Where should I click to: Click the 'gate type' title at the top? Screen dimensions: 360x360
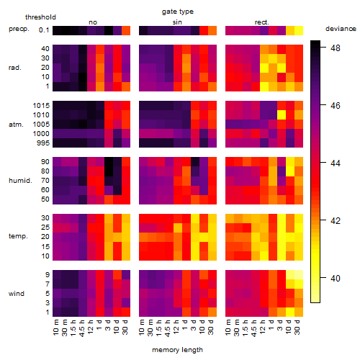tap(178, 12)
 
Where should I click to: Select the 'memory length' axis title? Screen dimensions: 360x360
tap(177, 350)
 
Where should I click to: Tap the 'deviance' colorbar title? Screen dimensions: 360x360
tap(341, 29)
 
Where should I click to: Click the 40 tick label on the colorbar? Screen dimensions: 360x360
tap(336, 278)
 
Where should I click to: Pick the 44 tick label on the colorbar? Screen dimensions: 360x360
tap(336, 163)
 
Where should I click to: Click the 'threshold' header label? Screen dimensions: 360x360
tap(40, 17)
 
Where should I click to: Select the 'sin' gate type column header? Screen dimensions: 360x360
tap(177, 22)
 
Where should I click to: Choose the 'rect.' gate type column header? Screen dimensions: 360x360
tap(262, 22)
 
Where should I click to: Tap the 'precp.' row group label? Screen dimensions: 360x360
tap(19, 29)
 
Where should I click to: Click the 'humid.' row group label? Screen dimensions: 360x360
tap(20, 181)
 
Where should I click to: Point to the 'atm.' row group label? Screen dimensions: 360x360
tap(16, 125)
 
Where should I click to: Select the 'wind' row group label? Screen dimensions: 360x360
tap(17, 293)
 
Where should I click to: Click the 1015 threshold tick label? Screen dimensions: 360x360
tap(41, 105)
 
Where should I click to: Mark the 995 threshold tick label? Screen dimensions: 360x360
tap(43, 143)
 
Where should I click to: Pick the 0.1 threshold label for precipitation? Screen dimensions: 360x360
tap(44, 30)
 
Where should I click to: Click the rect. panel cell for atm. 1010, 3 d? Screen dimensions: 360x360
tap(282, 115)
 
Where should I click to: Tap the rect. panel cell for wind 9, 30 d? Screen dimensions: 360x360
tap(299, 274)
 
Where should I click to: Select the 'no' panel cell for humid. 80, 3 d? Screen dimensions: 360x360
tap(109, 171)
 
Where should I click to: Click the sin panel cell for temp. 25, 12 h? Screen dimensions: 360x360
tap(178, 228)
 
